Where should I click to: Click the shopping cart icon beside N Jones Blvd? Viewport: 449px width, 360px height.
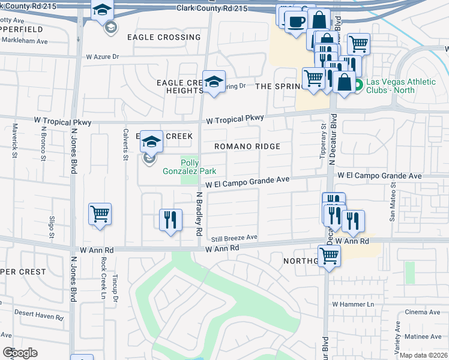[100, 215]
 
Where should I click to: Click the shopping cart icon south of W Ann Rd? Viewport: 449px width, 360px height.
[328, 256]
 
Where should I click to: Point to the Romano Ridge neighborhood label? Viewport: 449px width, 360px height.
[247, 146]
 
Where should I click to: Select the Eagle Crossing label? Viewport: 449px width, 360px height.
[164, 37]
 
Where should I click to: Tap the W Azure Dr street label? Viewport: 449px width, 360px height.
[103, 56]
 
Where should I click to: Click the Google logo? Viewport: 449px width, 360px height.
[20, 353]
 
